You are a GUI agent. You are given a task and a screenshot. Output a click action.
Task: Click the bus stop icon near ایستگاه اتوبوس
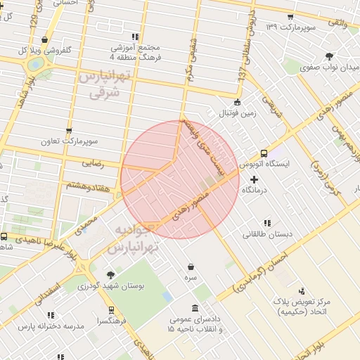tap(264, 153)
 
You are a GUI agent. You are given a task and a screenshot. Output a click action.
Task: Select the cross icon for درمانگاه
tap(254, 179)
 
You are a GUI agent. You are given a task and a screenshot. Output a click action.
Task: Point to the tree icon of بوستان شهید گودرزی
tap(110, 275)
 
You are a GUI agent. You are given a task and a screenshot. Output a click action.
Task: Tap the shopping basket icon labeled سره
tap(191, 267)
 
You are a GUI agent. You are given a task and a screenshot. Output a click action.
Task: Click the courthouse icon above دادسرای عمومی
tap(195, 307)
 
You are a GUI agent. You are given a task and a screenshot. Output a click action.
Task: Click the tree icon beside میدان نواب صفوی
tap(328, 56)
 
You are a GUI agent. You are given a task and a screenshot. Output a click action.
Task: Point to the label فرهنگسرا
tap(112, 321)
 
